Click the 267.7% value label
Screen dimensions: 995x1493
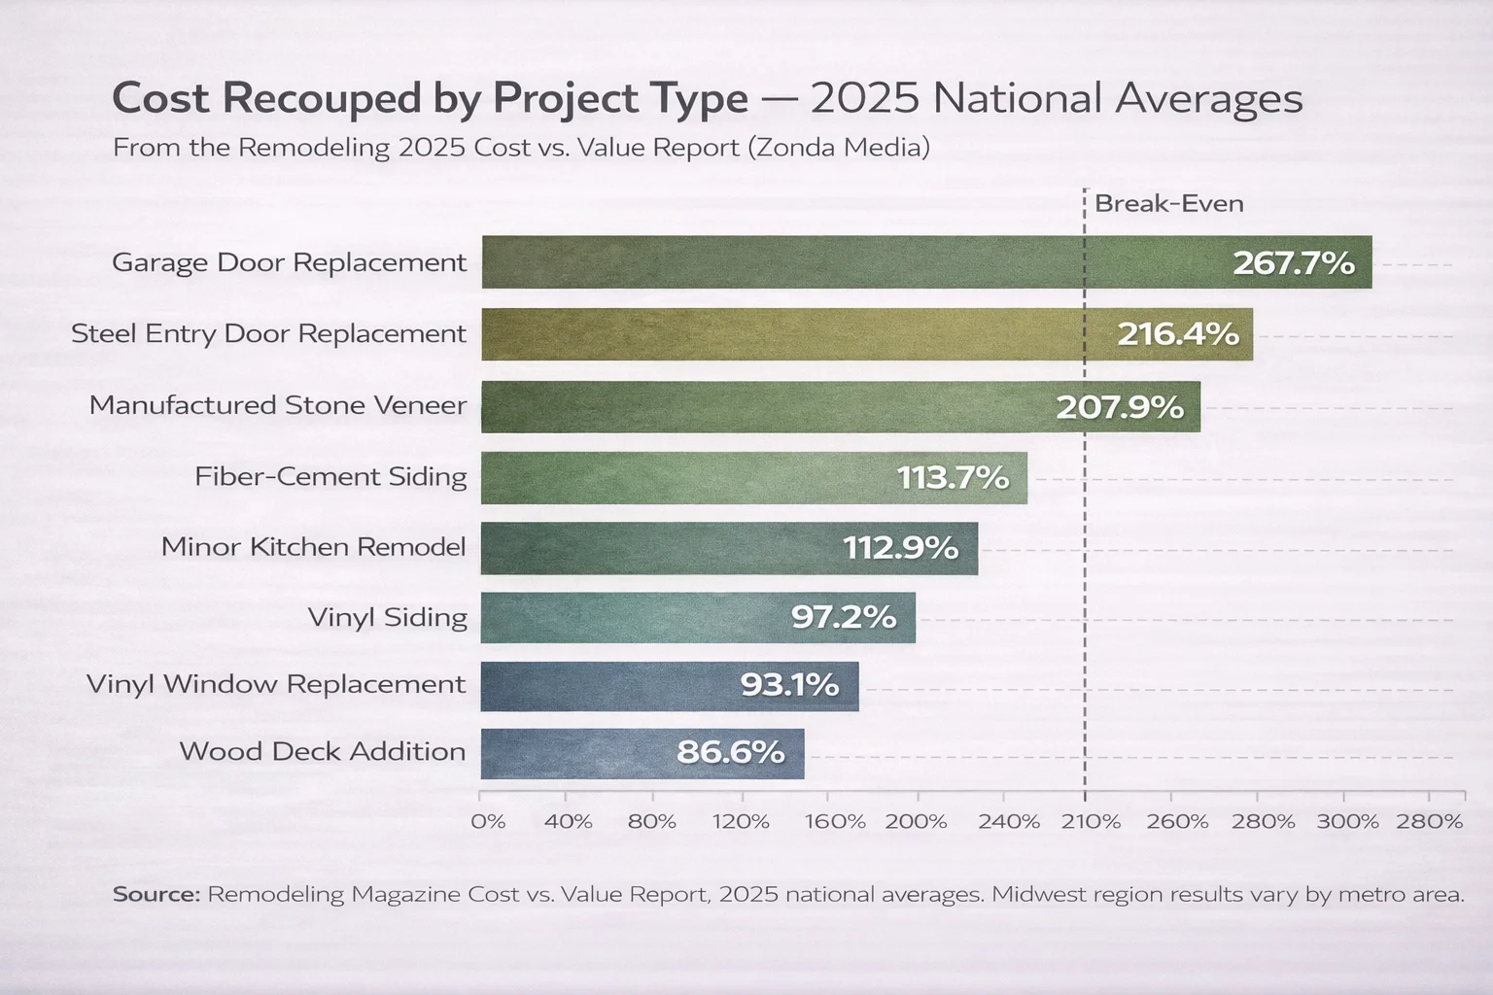[1293, 262]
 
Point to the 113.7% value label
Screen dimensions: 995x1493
[953, 477]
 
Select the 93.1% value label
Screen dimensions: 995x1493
[789, 685]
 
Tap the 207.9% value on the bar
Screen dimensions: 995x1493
[1120, 406]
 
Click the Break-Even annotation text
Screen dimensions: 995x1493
[1168, 204]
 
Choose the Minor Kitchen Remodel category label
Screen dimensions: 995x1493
[313, 547]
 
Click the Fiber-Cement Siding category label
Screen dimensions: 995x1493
[330, 476]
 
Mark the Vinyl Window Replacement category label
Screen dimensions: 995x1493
[276, 684]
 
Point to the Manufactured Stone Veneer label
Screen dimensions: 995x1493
[277, 405]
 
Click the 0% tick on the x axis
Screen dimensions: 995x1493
[488, 822]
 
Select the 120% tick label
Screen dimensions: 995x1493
[740, 822]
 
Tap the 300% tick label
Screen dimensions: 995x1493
[1347, 822]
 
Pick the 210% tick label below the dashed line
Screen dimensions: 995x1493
[1091, 822]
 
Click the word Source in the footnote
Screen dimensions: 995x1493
[156, 894]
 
